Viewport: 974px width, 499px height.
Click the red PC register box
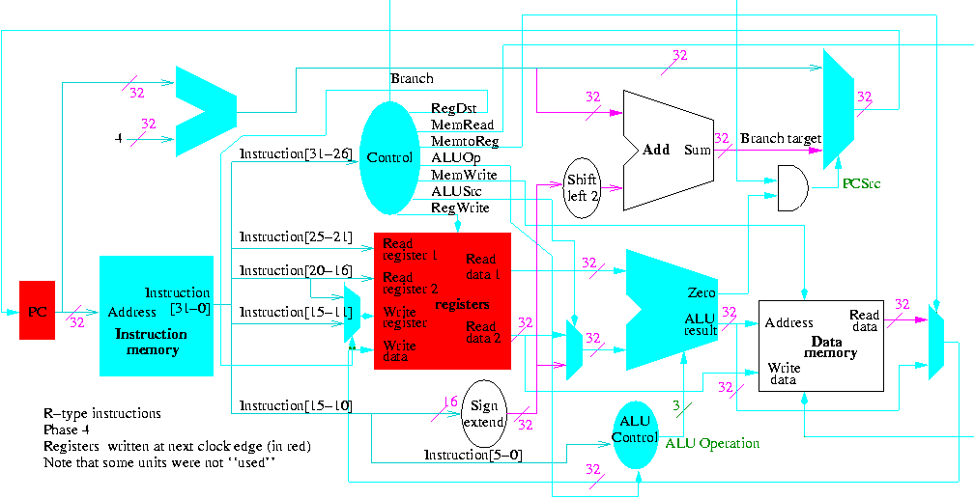pos(38,310)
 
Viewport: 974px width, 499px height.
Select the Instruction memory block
pos(156,316)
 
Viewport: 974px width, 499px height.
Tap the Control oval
pos(390,157)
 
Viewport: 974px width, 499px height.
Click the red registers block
pos(442,301)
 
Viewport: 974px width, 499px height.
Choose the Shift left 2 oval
pos(582,188)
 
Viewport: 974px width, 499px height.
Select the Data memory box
pos(820,345)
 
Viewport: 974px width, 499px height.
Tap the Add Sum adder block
pos(668,151)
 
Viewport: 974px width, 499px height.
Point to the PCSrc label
pos(861,181)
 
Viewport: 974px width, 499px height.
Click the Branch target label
pos(780,138)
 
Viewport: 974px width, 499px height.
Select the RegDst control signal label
pos(451,108)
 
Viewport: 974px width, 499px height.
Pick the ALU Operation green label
pos(712,443)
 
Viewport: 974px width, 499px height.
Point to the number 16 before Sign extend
pos(449,402)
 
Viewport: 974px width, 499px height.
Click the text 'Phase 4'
pos(67,430)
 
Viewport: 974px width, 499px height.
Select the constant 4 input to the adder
pos(118,139)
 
